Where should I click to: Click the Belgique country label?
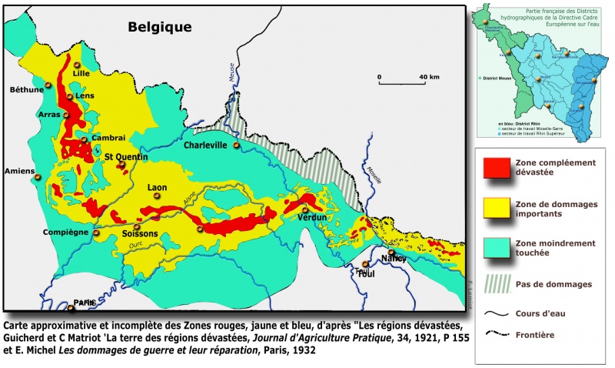160,27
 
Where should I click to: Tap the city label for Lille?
81,74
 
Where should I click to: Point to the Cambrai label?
108,137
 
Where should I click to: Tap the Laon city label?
157,187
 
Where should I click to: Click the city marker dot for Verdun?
305,209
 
